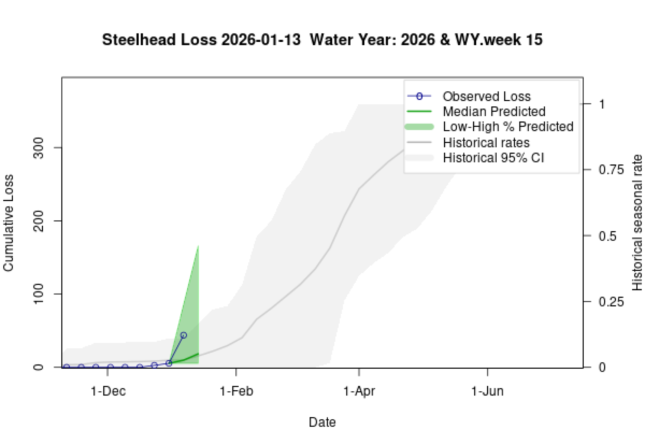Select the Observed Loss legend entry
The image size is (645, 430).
tap(486, 96)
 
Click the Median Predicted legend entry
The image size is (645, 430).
tap(494, 112)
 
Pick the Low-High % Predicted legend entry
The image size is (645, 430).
tap(508, 127)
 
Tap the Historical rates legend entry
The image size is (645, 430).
tap(486, 143)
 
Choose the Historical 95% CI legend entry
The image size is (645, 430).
tap(493, 158)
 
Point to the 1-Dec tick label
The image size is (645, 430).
tap(108, 391)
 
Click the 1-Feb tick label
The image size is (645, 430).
tap(236, 391)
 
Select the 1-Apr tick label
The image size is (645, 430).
tap(359, 391)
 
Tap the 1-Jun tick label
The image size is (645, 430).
tap(487, 391)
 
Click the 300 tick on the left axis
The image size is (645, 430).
tap(38, 148)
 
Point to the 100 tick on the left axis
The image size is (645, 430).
tap(38, 294)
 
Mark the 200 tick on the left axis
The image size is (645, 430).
tap(38, 221)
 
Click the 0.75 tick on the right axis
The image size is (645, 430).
tap(611, 170)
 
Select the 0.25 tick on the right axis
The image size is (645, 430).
tap(611, 302)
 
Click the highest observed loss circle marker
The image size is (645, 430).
tap(184, 335)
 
